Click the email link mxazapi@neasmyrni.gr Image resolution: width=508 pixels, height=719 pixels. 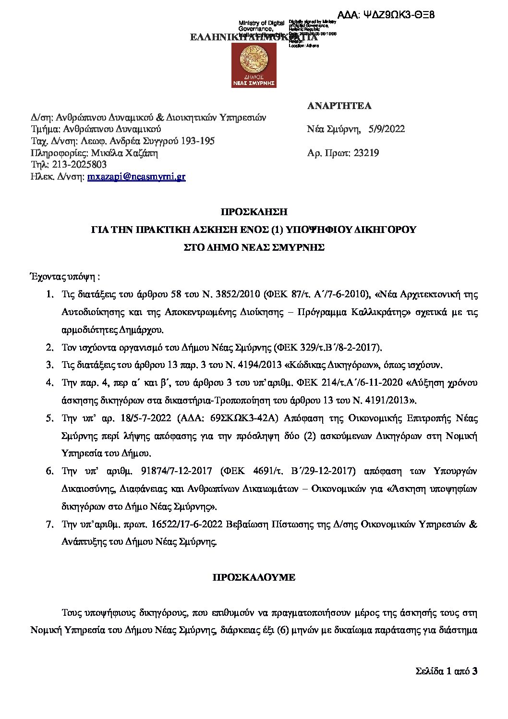tap(136, 177)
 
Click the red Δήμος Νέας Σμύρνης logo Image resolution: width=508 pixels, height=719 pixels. tap(254, 65)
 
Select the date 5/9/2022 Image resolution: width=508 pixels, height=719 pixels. tap(387, 129)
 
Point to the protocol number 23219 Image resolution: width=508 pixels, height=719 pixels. tap(366, 153)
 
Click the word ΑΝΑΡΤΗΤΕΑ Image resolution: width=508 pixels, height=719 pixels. tap(339, 106)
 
